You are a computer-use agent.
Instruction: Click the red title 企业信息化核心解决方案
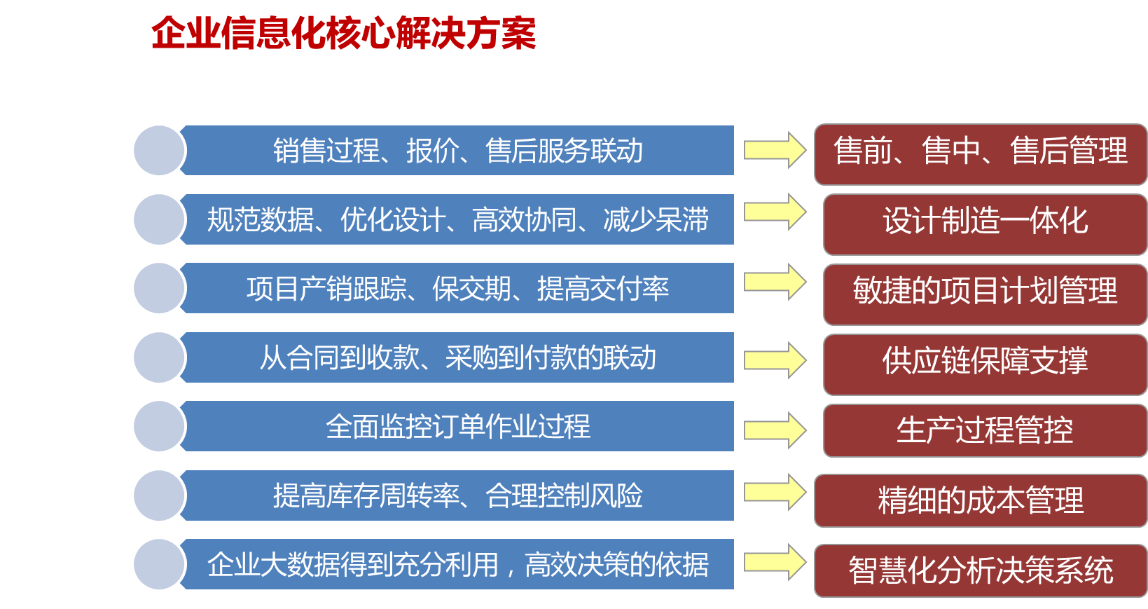(x=343, y=34)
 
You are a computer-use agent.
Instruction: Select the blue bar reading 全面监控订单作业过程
(x=457, y=426)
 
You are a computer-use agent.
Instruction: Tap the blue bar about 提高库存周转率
(x=457, y=495)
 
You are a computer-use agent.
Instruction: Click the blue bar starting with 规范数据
(x=457, y=219)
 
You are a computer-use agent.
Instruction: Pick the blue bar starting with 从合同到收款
(x=457, y=357)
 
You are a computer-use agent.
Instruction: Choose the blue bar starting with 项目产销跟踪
(x=457, y=288)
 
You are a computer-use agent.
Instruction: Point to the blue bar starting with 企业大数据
(x=457, y=564)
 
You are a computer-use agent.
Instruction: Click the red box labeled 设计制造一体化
(x=985, y=224)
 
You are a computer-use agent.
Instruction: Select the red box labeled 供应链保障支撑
(x=985, y=364)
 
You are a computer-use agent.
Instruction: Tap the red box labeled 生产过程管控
(x=985, y=430)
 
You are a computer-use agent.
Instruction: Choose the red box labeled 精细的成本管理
(x=981, y=501)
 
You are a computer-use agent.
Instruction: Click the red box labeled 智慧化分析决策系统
(x=981, y=570)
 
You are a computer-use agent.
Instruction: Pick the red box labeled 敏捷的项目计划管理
(x=985, y=294)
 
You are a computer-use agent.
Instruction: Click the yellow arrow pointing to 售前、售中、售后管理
(x=775, y=150)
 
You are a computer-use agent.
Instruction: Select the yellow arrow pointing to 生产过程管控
(x=775, y=430)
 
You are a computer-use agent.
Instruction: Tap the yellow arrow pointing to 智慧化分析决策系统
(x=775, y=562)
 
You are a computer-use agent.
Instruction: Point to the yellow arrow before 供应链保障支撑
(x=775, y=360)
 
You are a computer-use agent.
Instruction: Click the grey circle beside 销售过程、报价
(x=159, y=150)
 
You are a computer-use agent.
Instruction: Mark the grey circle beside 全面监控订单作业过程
(x=159, y=426)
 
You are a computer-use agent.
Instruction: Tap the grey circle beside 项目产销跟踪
(x=159, y=288)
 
